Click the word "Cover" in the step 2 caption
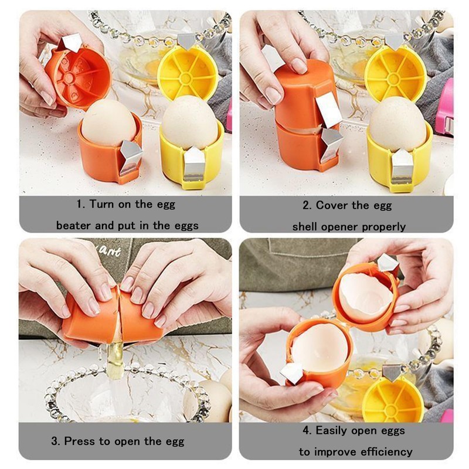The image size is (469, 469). [x=335, y=205]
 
